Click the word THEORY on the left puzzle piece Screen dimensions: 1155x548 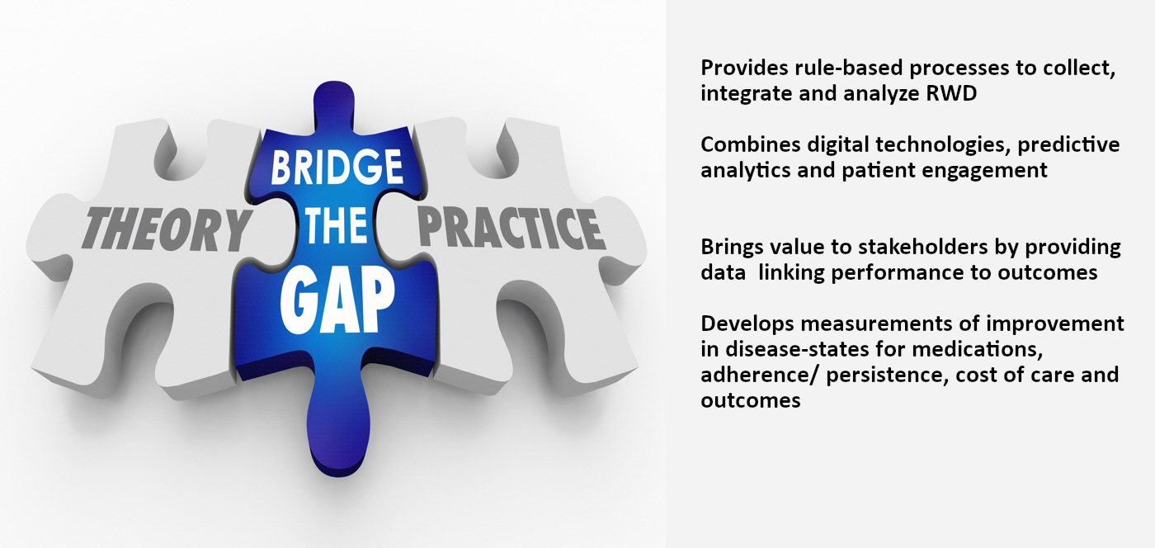point(167,229)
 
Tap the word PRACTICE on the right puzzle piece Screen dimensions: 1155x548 point(511,228)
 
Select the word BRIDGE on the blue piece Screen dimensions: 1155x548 point(337,167)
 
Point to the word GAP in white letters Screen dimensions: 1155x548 point(337,302)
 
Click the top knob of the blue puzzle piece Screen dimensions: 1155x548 point(334,103)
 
